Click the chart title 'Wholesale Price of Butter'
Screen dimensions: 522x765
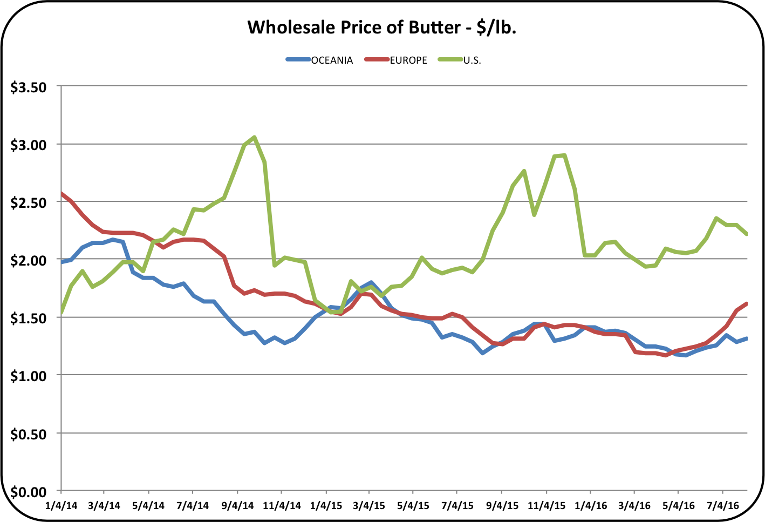[x=382, y=27]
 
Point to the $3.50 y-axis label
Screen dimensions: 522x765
[x=29, y=87]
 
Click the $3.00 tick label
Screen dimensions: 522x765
[x=29, y=145]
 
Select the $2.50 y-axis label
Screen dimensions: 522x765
[x=29, y=202]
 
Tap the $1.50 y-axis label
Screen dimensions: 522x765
[x=29, y=318]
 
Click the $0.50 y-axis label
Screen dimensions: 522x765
[x=29, y=434]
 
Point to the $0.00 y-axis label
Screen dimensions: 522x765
[x=29, y=492]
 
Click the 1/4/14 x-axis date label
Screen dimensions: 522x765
[x=62, y=506]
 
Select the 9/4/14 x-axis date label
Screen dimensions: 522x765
[x=237, y=506]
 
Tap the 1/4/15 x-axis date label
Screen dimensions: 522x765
[x=326, y=506]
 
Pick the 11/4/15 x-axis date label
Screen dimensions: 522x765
[x=547, y=506]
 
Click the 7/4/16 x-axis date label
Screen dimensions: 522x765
[x=723, y=506]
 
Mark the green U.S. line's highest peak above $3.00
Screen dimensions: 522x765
[x=254, y=137]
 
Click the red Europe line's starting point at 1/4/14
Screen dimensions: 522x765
[x=62, y=193]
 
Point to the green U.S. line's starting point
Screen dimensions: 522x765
[x=62, y=312]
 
